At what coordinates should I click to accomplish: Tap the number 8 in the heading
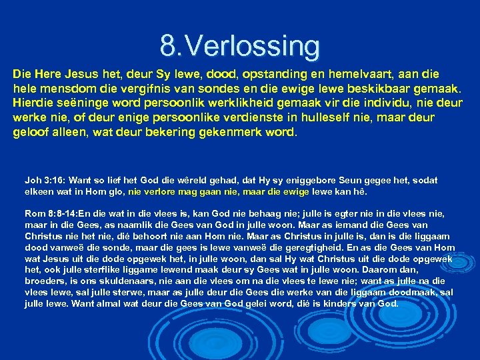click(x=167, y=46)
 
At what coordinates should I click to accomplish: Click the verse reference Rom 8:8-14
click(x=51, y=213)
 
